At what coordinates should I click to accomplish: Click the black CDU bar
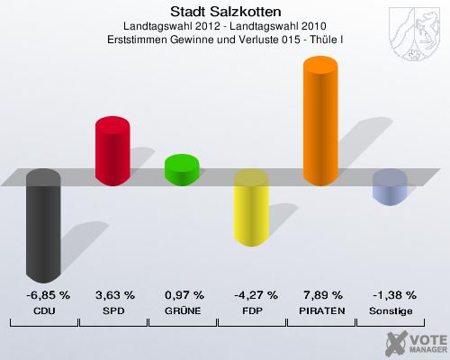coord(44,227)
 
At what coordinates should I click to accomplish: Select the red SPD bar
coord(113,151)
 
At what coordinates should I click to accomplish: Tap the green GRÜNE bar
coord(182,169)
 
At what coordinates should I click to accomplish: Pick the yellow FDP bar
coord(251,209)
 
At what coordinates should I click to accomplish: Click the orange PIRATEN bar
coord(321,121)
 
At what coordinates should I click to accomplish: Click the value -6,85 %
coord(44,295)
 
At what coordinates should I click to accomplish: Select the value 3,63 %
coord(114,295)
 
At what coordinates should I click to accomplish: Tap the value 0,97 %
coord(184,295)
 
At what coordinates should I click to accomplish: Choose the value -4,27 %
coord(252,295)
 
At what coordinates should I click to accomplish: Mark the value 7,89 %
coord(322,295)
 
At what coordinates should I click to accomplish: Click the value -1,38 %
coord(391,295)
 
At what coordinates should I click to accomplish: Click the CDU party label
coord(44,310)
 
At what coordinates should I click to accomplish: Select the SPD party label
coord(114,310)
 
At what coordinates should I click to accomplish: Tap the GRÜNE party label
coord(184,310)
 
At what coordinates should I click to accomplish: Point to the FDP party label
coord(252,310)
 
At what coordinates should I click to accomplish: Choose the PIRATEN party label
coord(322,310)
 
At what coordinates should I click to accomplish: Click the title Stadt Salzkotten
coord(224,12)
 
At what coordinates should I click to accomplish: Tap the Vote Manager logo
coord(416,342)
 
